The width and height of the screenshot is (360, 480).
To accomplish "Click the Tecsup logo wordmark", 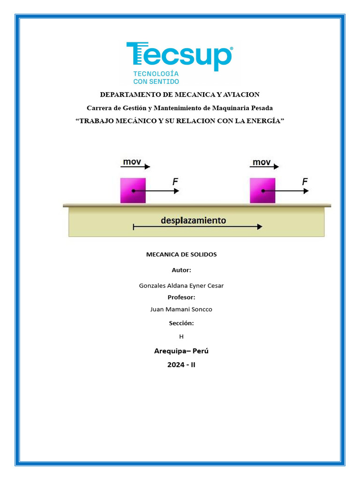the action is click(180, 55).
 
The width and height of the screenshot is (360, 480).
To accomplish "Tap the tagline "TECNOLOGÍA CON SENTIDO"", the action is click(156, 78).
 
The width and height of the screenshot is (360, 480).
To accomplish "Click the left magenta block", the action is click(133, 190).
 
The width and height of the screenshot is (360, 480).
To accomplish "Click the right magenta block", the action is click(262, 190).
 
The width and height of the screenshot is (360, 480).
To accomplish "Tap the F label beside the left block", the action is click(175, 181).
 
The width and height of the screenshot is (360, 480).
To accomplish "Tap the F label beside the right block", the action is click(305, 181).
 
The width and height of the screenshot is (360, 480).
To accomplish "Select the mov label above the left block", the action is click(132, 162).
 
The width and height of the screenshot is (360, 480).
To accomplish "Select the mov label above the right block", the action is click(262, 162).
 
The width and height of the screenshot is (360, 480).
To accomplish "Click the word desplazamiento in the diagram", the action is click(193, 220).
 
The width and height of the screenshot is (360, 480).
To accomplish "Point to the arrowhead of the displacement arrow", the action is click(259, 227).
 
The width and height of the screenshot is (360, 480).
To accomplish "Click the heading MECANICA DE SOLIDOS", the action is click(181, 255).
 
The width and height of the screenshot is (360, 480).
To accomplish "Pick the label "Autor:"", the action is click(181, 270).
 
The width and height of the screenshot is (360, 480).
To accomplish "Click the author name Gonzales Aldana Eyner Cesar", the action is click(181, 285).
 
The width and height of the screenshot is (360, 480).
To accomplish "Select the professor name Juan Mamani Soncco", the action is click(181, 309).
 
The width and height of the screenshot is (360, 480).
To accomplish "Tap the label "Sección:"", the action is click(181, 323).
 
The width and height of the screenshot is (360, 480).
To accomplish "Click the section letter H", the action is click(181, 336).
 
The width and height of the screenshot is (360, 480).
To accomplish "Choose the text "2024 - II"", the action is click(181, 364).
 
